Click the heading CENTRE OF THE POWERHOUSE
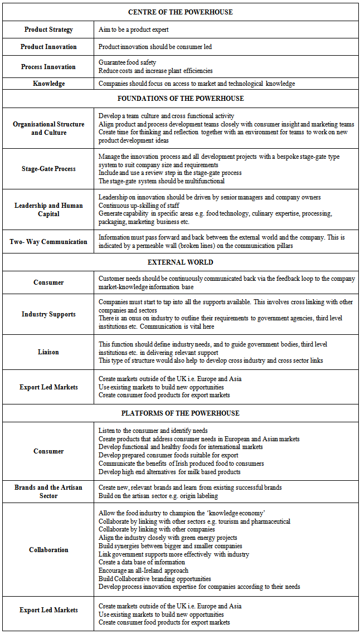(x=180, y=12)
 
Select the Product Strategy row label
(x=48, y=30)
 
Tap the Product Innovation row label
(x=48, y=47)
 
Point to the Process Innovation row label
(x=48, y=67)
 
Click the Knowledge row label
(x=48, y=84)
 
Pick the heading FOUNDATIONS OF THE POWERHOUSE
(x=180, y=99)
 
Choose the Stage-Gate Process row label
(x=48, y=169)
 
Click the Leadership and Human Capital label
(x=48, y=209)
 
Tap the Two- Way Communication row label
(x=48, y=242)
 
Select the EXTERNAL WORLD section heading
(x=180, y=262)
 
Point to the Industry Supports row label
(x=48, y=314)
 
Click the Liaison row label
(x=48, y=352)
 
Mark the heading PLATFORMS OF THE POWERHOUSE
(x=180, y=413)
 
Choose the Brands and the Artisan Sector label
(x=48, y=491)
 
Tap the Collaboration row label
(x=48, y=550)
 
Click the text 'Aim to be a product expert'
(x=133, y=30)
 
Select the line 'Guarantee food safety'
(x=127, y=62)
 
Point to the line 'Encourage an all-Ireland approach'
(x=143, y=570)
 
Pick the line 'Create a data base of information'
(x=141, y=562)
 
